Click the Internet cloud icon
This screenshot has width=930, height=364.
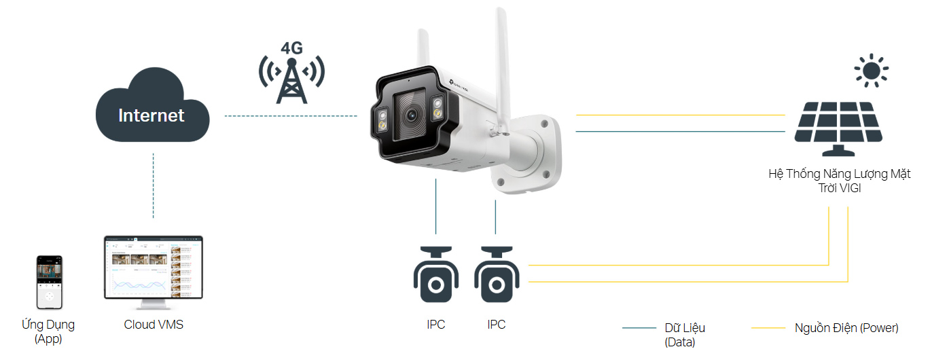151,109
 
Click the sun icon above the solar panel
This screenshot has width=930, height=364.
872,71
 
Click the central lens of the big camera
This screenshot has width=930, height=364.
410,115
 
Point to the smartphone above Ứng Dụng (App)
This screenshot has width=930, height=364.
49,283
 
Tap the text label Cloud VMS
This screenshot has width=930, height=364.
154,325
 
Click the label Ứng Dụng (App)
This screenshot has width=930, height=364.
48,331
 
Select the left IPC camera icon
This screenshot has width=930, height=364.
436,274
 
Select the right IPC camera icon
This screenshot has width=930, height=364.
496,274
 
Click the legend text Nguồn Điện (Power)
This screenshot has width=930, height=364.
846,328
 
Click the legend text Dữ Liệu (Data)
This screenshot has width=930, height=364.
685,335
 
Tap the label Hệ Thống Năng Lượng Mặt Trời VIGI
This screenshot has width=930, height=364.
839,181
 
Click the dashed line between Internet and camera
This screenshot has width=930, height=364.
291,116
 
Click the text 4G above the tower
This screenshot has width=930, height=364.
291,48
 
